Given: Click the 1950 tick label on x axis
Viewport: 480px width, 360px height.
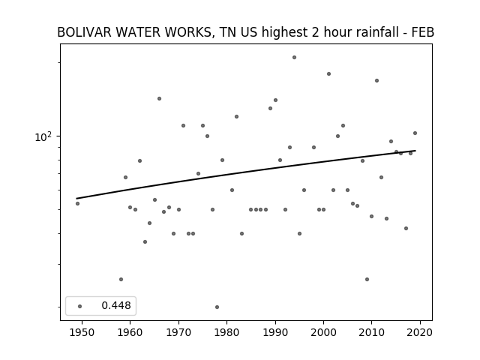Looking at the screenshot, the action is (82, 332).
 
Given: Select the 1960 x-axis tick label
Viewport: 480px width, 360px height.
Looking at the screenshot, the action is (130, 332).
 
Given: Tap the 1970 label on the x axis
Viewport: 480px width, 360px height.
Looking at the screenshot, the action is (178, 332).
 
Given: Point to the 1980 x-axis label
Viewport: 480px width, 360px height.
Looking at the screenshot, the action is (226, 332).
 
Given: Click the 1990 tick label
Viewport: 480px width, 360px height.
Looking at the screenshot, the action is (275, 332).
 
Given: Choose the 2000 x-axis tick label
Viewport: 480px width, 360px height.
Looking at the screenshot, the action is (323, 332).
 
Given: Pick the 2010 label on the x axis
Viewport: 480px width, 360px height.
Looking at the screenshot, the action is (372, 332).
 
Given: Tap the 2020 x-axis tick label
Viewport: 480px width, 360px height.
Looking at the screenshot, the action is (420, 332).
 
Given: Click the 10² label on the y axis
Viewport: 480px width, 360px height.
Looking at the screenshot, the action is (43, 136).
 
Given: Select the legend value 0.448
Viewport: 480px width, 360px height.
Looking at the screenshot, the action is (116, 305).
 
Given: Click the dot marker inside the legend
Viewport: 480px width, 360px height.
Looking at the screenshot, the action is (80, 306).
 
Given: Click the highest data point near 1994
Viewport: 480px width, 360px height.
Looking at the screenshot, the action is (294, 57).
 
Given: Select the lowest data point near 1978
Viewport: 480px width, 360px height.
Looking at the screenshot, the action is (217, 307).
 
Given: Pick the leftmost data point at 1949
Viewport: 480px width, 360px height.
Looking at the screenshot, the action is (77, 203).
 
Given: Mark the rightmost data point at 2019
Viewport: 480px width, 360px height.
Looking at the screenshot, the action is (415, 133).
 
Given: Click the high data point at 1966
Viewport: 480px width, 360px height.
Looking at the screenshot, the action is (159, 98).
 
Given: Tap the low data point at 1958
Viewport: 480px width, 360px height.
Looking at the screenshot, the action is (121, 279).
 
